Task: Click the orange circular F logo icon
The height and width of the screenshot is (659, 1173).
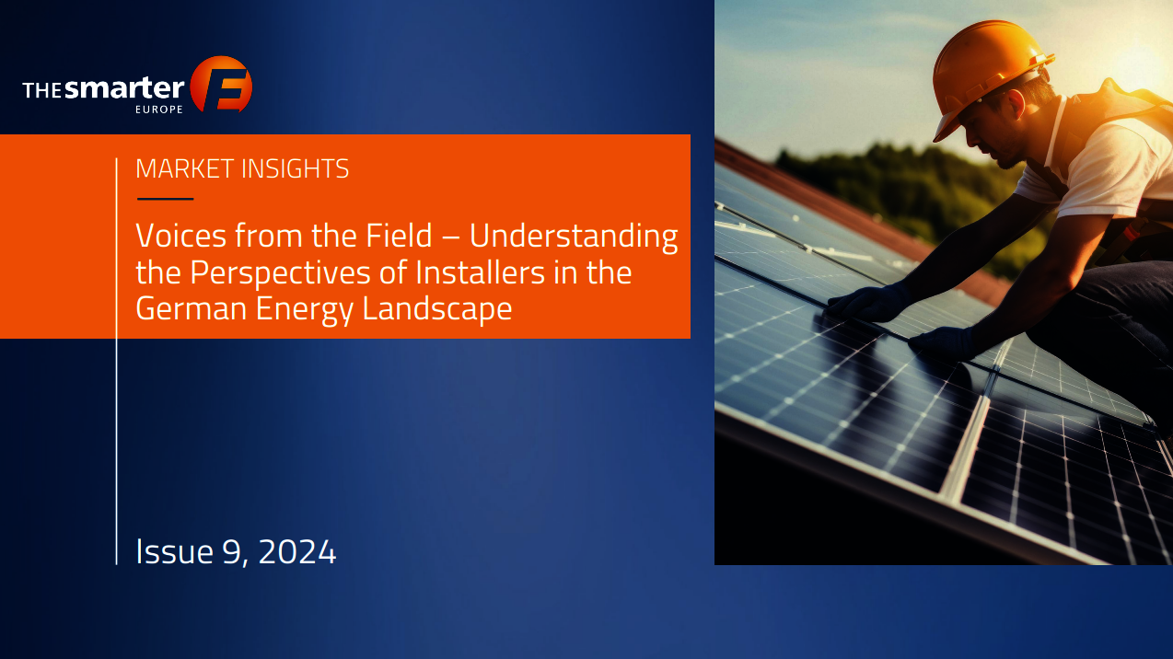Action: coord(221,85)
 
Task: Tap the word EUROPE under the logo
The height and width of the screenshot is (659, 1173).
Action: coord(159,110)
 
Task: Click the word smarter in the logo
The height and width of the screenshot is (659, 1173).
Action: coord(124,87)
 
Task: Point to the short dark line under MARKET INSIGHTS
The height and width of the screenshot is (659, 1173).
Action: coord(166,199)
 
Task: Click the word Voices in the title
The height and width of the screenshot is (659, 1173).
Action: coord(181,236)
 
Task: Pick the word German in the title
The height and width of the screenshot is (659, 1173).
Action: coord(192,308)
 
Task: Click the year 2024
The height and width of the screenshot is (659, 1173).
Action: coord(296,551)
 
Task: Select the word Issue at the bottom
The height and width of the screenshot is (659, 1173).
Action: coord(174,551)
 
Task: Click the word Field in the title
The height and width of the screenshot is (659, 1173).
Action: coord(399,236)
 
